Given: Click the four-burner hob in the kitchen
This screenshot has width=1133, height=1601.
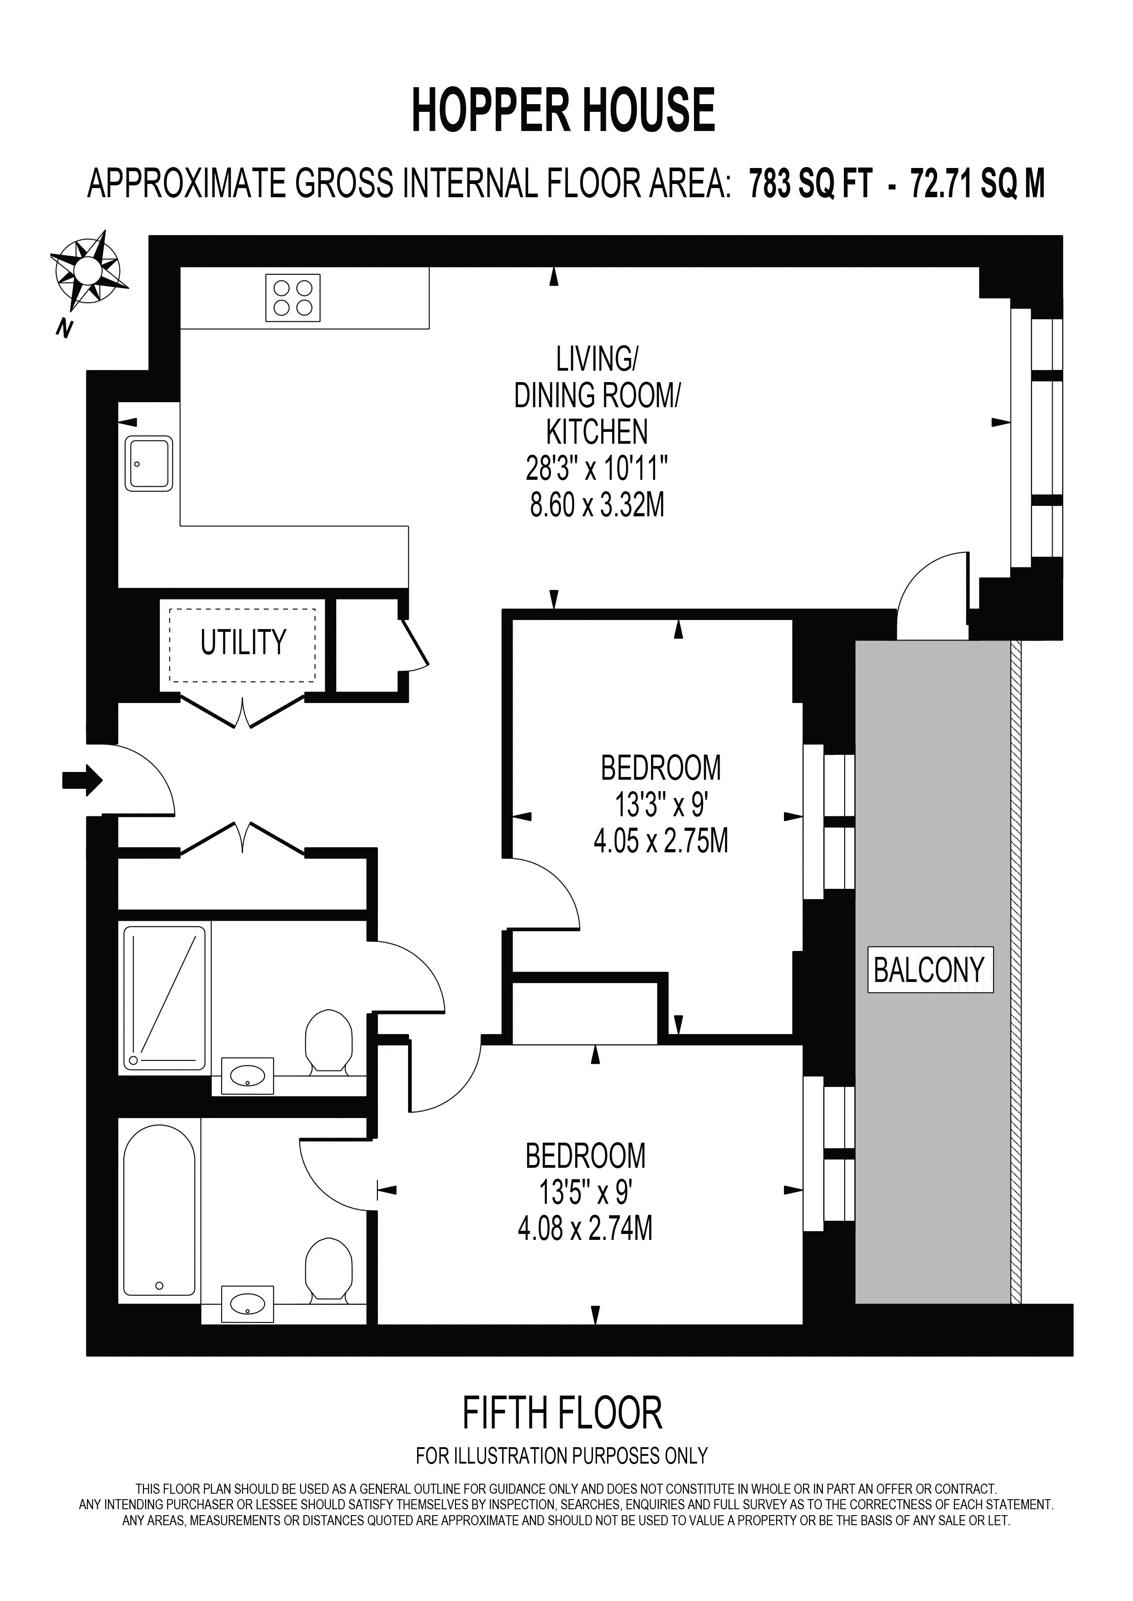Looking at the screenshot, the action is pyautogui.click(x=293, y=298).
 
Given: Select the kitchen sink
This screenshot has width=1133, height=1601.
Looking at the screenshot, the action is pyautogui.click(x=149, y=464).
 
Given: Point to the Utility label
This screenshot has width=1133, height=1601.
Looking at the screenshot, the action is pyautogui.click(x=244, y=642).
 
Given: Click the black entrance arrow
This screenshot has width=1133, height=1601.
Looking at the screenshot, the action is pyautogui.click(x=82, y=780).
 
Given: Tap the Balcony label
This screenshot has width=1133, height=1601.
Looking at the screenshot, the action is pyautogui.click(x=929, y=970).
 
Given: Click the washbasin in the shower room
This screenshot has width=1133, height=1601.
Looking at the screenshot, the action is pyautogui.click(x=247, y=1076).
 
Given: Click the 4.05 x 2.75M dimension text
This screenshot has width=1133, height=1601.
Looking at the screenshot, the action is pyautogui.click(x=661, y=842).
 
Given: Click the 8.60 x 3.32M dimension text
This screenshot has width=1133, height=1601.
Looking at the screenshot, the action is pyautogui.click(x=597, y=505).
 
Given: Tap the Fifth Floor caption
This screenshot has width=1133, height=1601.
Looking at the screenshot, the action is pyautogui.click(x=562, y=1413).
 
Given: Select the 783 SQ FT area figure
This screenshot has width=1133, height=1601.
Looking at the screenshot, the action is pyautogui.click(x=810, y=184).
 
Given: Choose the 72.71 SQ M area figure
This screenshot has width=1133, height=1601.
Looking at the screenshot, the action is pyautogui.click(x=977, y=184).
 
